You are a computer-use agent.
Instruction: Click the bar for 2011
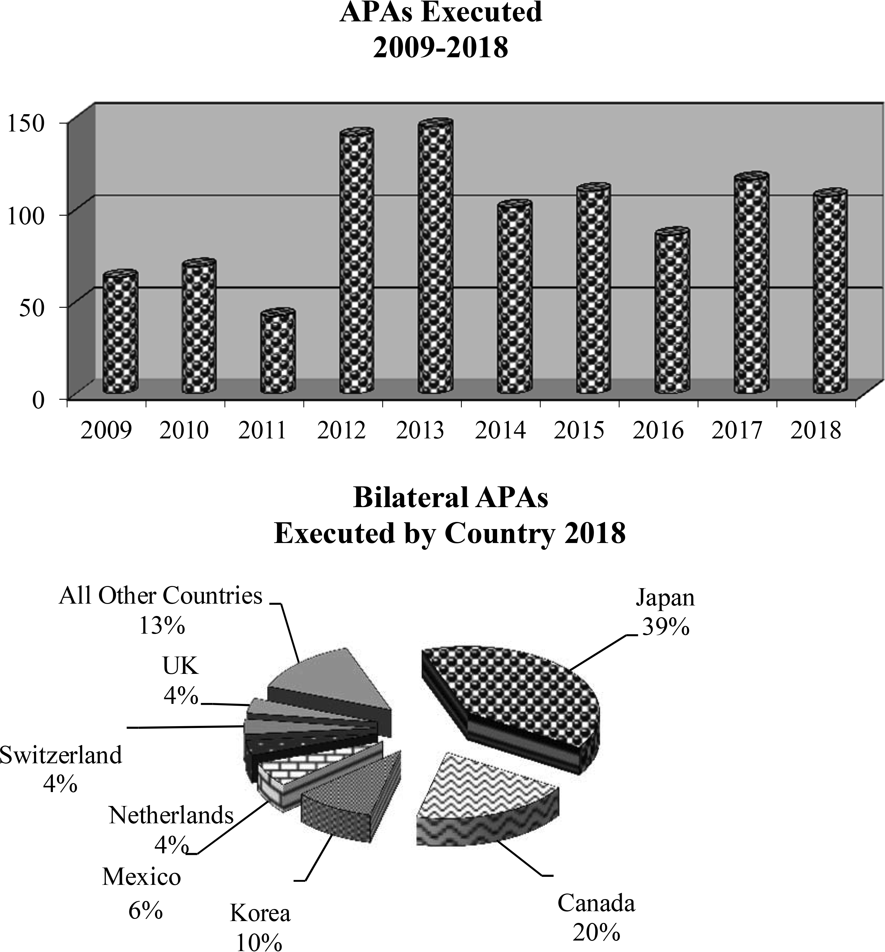tap(278, 352)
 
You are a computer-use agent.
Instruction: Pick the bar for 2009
tap(120, 333)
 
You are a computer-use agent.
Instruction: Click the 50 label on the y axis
tap(32, 308)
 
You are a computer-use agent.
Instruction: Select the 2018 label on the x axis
tap(816, 430)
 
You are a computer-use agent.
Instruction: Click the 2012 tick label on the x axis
tap(342, 430)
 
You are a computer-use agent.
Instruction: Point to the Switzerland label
tap(61, 755)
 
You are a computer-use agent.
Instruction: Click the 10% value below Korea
tap(259, 941)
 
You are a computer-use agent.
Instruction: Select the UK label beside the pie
tap(180, 666)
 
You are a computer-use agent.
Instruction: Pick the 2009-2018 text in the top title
tap(440, 48)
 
